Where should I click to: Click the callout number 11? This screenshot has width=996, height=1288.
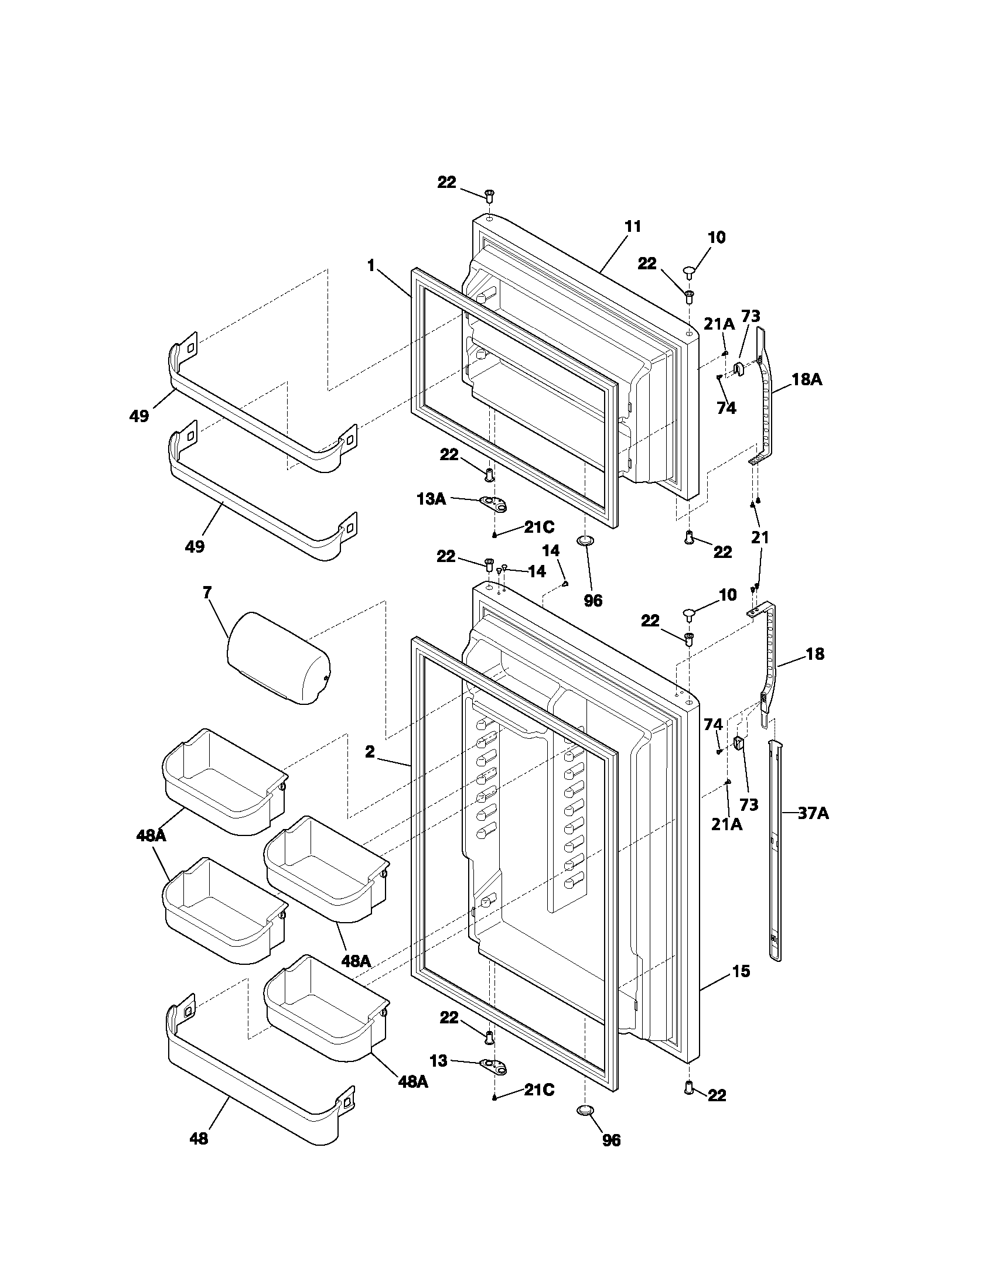point(633,227)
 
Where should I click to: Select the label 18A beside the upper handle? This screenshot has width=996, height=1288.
point(806,379)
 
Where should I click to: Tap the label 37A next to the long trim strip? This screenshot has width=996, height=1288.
point(813,814)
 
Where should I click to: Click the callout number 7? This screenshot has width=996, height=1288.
point(206,592)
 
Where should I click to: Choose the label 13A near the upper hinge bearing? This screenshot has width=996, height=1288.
point(431,499)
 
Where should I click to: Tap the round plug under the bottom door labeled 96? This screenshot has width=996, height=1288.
point(584,1111)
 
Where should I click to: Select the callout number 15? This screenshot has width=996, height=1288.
point(741,971)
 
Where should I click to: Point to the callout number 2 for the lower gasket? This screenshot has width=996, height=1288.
point(370,752)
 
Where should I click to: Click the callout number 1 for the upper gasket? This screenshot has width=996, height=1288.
point(370,266)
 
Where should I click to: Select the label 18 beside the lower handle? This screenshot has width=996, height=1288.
point(815,653)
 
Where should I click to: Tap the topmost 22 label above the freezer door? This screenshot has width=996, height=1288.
point(446,183)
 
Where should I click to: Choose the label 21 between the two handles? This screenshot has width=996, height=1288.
point(760,537)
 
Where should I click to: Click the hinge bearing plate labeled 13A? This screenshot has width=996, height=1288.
point(494,503)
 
